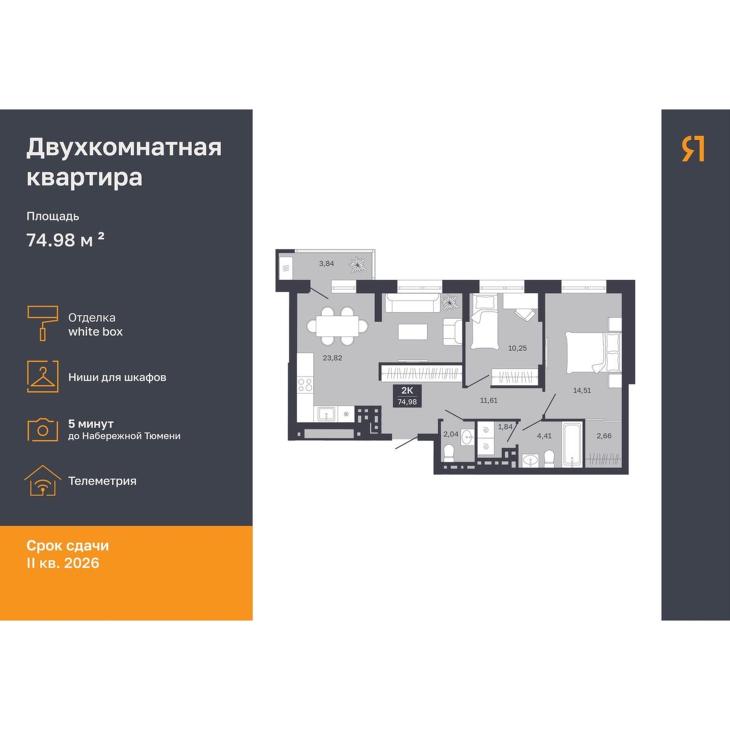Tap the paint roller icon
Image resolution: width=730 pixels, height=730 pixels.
click(x=43, y=323)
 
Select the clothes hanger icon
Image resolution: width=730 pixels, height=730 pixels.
click(x=43, y=377)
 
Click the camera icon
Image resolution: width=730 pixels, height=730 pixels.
click(x=43, y=429)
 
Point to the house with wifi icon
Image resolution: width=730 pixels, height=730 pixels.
click(x=43, y=481)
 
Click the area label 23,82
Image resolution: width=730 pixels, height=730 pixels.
click(x=332, y=358)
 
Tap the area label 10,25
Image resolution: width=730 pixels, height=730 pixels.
click(x=517, y=348)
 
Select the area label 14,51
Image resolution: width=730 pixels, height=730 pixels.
click(x=582, y=390)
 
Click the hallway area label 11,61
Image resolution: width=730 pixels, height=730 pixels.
click(x=488, y=400)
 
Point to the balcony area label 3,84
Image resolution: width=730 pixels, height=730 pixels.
click(x=326, y=263)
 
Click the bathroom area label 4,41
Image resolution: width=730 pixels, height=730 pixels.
click(x=544, y=436)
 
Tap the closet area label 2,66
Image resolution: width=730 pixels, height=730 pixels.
click(x=604, y=436)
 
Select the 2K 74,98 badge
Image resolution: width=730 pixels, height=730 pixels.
click(x=407, y=395)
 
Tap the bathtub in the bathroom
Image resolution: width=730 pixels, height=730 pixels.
click(x=571, y=445)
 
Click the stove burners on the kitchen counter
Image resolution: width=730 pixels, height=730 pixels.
click(x=305, y=385)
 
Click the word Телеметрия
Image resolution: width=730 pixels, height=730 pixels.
click(x=102, y=481)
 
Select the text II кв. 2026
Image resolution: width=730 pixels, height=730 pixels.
click(x=63, y=563)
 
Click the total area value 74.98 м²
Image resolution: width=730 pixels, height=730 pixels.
click(x=65, y=240)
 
